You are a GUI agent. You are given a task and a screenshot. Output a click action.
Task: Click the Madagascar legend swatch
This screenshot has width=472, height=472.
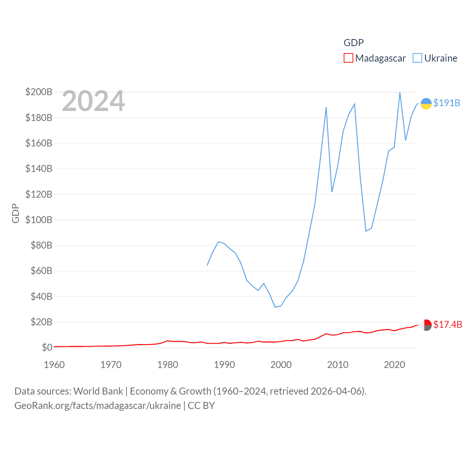tap(348, 58)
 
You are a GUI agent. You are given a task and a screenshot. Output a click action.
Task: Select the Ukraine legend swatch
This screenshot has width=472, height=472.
tap(417, 58)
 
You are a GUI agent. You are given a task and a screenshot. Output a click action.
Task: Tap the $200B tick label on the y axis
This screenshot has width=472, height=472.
tap(39, 92)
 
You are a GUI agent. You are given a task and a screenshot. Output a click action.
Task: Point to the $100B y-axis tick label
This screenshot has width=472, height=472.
tap(39, 220)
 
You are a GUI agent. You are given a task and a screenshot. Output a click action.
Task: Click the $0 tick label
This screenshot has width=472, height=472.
tap(47, 347)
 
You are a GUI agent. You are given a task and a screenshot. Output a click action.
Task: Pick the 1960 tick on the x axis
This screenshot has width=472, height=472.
tap(54, 365)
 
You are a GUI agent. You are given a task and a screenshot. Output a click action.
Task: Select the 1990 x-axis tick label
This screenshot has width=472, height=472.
tap(224, 365)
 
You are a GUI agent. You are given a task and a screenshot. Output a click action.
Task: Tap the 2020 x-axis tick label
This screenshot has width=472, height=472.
tap(394, 365)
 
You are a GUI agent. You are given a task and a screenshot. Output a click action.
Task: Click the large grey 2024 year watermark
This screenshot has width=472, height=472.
tap(93, 101)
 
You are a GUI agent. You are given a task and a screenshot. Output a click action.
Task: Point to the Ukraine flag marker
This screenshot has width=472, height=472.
tap(426, 104)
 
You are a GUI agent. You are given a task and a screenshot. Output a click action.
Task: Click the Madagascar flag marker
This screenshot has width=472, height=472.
tap(426, 325)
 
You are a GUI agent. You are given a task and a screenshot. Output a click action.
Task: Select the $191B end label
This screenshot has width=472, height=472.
tap(447, 103)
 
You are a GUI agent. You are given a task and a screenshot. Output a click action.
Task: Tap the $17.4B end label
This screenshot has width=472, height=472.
tap(447, 324)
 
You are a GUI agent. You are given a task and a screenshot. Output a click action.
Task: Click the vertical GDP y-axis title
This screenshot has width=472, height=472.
tap(15, 213)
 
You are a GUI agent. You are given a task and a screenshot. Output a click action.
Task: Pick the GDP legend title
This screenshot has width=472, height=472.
tap(354, 43)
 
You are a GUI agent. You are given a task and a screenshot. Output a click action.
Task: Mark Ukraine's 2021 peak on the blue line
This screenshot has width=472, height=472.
tap(400, 92)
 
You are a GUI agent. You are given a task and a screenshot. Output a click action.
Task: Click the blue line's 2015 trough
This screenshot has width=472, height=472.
tap(366, 231)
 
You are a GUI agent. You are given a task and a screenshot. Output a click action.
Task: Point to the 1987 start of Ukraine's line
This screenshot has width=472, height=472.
tap(207, 265)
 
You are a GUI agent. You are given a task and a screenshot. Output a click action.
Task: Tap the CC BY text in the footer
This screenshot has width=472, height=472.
tap(201, 406)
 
